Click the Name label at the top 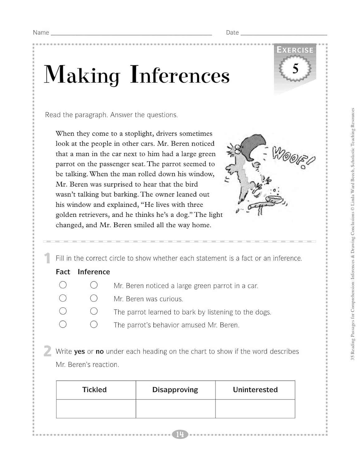[x=41, y=32]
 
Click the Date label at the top [x=232, y=32]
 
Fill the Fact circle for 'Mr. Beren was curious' [x=63, y=298]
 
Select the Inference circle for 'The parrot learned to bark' [x=94, y=311]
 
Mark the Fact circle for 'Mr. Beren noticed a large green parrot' [x=63, y=285]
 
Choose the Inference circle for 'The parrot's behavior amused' [x=94, y=324]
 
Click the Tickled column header [x=94, y=390]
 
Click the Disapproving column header [x=175, y=390]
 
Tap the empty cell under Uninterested [x=255, y=409]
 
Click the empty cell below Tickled [x=96, y=409]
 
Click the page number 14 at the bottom [x=180, y=434]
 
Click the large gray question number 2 [x=47, y=351]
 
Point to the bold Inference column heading [x=94, y=272]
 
